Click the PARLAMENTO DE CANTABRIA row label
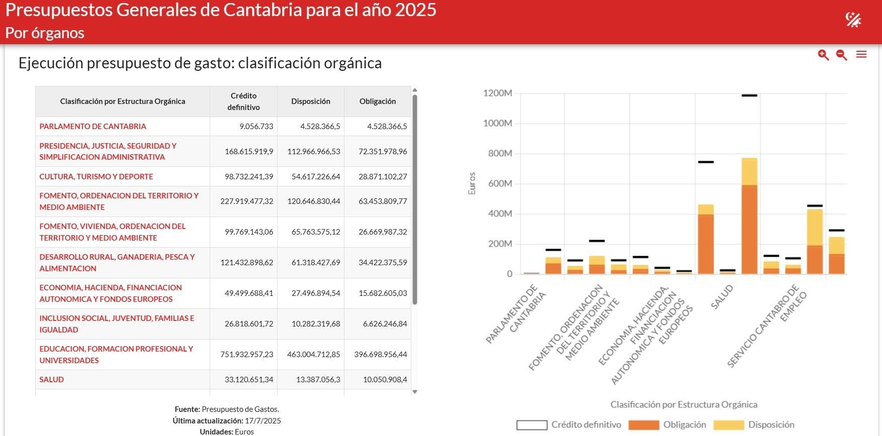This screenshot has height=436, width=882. point(93,127)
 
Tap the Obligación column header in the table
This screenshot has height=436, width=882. point(377,101)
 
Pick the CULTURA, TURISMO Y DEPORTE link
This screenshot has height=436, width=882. point(96,177)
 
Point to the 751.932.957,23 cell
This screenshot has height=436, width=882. point(246,355)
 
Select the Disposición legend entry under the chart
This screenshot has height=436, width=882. point(754,425)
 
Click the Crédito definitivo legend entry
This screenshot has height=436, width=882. point(569,425)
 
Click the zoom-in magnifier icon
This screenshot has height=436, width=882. point(823,55)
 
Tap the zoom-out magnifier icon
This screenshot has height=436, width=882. point(842,55)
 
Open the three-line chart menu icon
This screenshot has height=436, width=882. point(861,54)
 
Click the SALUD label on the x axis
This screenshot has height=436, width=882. point(722,297)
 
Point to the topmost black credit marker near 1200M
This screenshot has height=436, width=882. point(749,95)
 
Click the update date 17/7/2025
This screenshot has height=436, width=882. point(262,421)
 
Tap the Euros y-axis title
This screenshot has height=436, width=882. point(472,183)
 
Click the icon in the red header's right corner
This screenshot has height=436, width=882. point(853,20)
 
